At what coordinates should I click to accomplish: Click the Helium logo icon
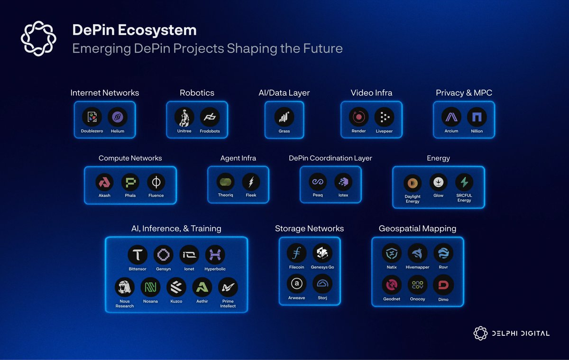click(118, 117)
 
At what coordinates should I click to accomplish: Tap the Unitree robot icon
click(184, 117)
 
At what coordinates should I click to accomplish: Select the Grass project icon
click(284, 117)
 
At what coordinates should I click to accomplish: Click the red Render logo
click(358, 117)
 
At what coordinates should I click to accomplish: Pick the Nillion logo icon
click(477, 117)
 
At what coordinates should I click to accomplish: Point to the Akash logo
click(104, 182)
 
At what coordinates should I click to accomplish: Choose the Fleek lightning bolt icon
click(251, 182)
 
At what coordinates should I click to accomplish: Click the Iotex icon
click(343, 182)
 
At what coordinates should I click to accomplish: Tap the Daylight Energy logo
click(413, 183)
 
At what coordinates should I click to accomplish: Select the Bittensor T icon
click(138, 255)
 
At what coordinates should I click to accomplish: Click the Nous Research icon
click(124, 287)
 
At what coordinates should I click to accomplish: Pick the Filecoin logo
click(296, 253)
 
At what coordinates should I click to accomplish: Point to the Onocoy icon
click(417, 285)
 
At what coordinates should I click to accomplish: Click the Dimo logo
click(443, 285)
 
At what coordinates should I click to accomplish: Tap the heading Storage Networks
click(309, 229)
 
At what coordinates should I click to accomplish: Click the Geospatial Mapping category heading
click(417, 229)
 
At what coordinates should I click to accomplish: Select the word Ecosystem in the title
click(157, 30)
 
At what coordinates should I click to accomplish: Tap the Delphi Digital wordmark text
click(521, 333)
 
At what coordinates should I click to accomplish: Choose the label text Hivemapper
click(417, 267)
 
